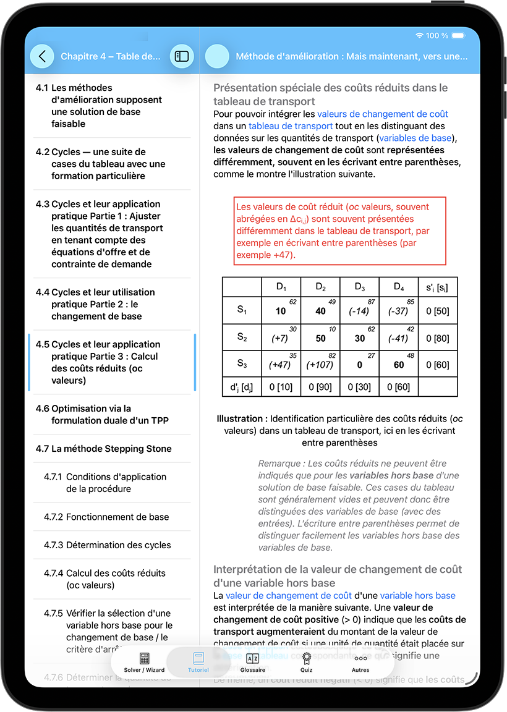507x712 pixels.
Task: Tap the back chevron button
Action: pos(42,56)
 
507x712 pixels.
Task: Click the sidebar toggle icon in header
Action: pos(182,56)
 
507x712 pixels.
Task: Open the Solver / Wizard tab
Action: pos(144,662)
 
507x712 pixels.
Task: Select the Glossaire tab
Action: pos(252,662)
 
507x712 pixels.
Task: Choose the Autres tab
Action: pos(360,662)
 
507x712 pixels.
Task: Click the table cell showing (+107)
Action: pos(320,365)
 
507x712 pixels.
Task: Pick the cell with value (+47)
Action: pos(281,365)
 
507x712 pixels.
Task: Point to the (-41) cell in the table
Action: pos(398,338)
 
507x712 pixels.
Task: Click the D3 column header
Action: pos(360,287)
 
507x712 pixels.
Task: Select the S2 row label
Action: pos(242,337)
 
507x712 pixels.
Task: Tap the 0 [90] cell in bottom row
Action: pos(320,387)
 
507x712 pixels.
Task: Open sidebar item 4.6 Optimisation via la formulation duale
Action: pos(110,415)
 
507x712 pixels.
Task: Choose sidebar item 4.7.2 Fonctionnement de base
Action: pos(117,517)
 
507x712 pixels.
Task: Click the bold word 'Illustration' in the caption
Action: pos(242,418)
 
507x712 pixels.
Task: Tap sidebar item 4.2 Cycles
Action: pos(108,164)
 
